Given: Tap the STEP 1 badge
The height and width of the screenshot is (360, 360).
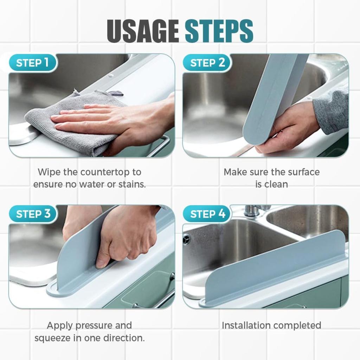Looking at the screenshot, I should click(x=32, y=63).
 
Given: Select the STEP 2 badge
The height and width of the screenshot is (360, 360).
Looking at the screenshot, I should click(x=207, y=63).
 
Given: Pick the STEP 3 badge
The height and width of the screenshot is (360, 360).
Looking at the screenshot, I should click(x=33, y=214).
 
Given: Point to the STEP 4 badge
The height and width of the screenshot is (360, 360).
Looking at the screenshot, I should click(x=207, y=214).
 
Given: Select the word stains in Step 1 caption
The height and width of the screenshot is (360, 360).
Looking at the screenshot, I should click(x=131, y=184).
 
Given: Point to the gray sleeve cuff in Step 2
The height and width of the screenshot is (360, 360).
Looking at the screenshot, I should click(x=330, y=112).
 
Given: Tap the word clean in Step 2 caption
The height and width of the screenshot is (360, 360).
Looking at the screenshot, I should click(x=277, y=184).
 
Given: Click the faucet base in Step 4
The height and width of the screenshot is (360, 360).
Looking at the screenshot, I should click(x=252, y=211).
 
